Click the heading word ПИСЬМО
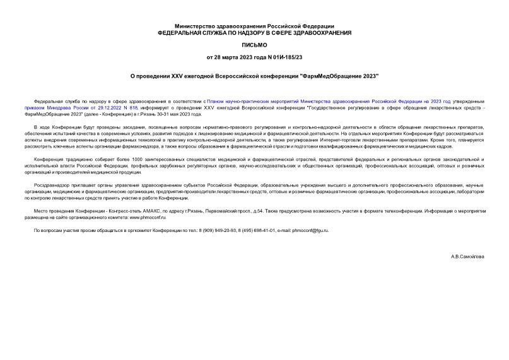(254, 45)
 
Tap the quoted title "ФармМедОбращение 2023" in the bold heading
(340, 76)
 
